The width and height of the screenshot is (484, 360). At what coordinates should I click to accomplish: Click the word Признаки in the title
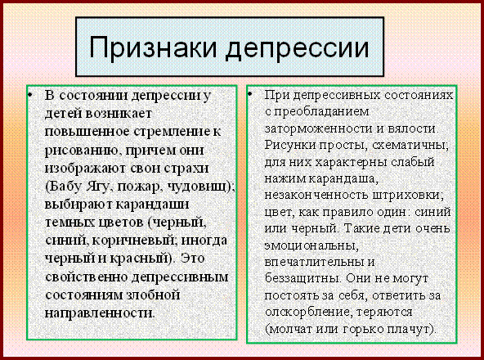point(153,47)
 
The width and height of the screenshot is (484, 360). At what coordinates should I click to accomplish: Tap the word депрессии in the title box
point(298,48)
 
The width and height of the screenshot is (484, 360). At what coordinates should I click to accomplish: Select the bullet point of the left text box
point(30,94)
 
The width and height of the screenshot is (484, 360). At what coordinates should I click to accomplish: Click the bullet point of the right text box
point(249,93)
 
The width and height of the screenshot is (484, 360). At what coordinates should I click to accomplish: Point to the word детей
point(64,114)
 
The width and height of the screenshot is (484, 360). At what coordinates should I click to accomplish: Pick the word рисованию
point(81,151)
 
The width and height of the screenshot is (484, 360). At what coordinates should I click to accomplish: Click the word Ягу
point(100,187)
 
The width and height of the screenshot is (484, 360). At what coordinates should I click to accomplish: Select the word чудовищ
point(198,187)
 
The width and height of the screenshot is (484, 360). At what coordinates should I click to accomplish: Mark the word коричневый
point(133,241)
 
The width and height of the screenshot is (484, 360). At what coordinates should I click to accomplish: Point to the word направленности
point(99,313)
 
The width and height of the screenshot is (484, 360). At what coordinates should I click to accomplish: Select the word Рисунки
point(290,145)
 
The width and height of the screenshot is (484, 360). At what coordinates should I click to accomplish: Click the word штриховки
point(409,196)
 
